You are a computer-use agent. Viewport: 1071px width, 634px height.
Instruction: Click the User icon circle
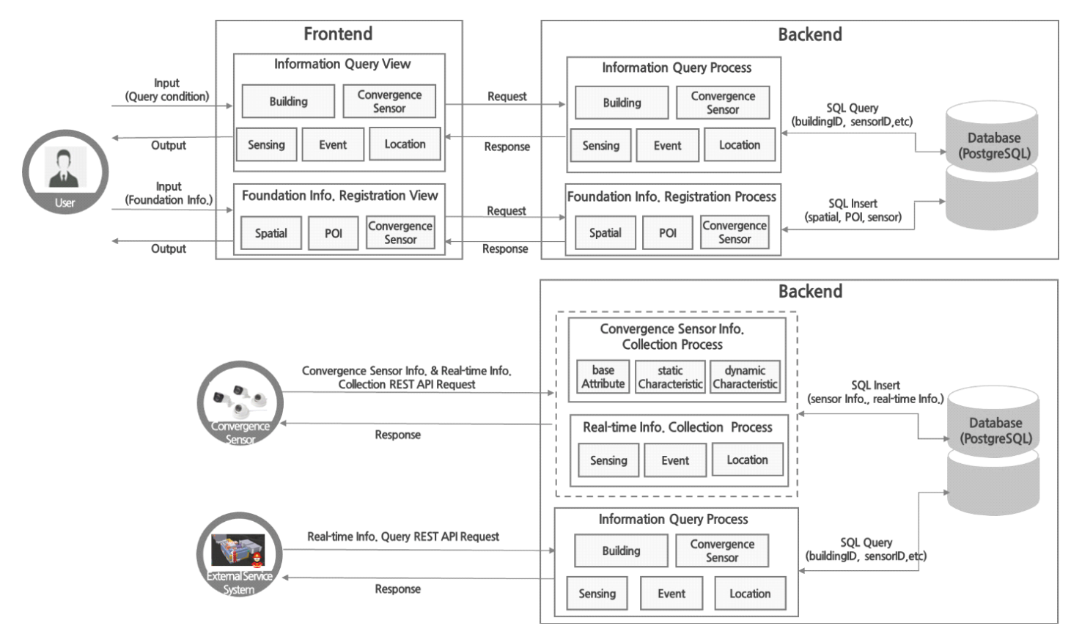tap(65, 173)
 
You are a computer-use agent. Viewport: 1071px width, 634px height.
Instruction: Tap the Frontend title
tap(338, 34)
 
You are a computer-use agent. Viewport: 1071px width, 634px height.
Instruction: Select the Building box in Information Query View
tap(288, 101)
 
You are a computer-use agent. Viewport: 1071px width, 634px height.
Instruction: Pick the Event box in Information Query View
tap(333, 144)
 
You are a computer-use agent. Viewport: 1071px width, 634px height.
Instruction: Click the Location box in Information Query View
tap(405, 144)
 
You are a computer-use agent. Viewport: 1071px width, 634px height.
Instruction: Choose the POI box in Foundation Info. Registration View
tap(333, 233)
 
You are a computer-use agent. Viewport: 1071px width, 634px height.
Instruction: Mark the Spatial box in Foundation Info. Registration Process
tap(605, 232)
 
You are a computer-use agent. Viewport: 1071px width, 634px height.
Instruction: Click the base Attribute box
tap(603, 377)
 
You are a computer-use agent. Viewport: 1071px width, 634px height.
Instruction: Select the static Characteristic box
tap(670, 377)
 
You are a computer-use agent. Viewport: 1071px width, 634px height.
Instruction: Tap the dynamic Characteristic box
tap(745, 377)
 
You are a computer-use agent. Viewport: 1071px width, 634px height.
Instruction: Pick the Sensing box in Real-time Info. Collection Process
tap(608, 460)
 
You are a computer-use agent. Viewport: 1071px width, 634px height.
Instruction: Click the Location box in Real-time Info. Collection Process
tap(747, 460)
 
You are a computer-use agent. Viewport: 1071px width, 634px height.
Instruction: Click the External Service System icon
tap(239, 553)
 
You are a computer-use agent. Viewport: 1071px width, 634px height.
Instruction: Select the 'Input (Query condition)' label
tap(167, 89)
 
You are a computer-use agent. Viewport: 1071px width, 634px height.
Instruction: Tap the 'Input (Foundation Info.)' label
tap(169, 193)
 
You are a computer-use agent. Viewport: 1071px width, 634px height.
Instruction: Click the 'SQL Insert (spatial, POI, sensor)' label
tap(853, 210)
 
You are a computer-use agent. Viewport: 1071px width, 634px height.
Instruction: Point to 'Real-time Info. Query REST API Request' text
tap(403, 537)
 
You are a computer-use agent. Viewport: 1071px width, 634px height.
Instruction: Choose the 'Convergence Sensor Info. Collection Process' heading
tap(671, 336)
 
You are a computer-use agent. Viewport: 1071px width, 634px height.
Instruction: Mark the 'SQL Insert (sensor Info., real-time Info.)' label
tap(875, 392)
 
